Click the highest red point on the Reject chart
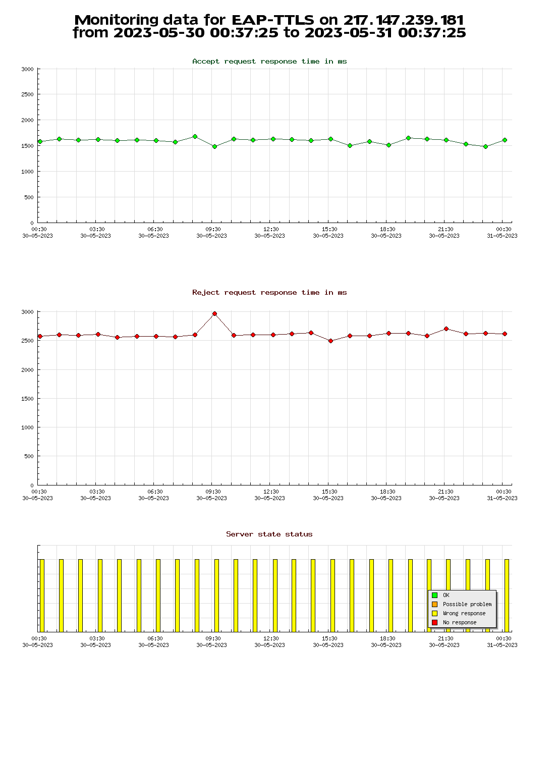click(x=214, y=314)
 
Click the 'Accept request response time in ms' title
click(x=269, y=62)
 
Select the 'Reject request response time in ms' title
click(x=269, y=293)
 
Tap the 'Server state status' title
click(x=269, y=534)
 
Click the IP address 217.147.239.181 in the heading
click(x=404, y=20)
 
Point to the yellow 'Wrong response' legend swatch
click(x=434, y=613)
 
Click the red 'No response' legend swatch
click(x=434, y=622)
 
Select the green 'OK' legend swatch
click(x=434, y=595)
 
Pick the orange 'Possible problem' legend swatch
click(x=434, y=604)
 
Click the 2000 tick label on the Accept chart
click(x=27, y=120)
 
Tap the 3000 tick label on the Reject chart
click(x=27, y=312)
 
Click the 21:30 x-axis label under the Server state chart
click(x=445, y=639)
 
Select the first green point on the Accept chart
click(x=40, y=142)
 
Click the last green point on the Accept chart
click(x=505, y=140)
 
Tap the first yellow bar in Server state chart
click(x=42, y=596)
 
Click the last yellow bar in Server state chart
click(x=507, y=596)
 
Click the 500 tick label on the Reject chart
click(x=28, y=456)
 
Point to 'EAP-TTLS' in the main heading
click(x=273, y=20)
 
